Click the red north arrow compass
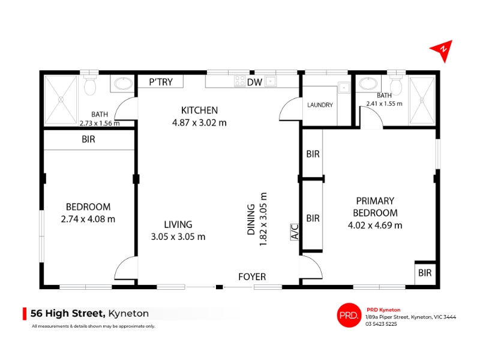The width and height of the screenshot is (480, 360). [x=442, y=50]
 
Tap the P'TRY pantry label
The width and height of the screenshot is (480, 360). [x=161, y=82]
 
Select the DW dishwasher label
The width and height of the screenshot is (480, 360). [x=254, y=82]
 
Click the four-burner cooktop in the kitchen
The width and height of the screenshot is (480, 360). [x=239, y=81]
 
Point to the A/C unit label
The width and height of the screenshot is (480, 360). [x=295, y=232]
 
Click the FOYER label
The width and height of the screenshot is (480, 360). [x=252, y=277]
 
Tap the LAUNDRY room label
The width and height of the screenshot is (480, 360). [x=320, y=105]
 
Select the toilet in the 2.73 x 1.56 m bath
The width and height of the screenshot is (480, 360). [x=90, y=85]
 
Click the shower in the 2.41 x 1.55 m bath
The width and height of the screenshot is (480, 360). [x=422, y=100]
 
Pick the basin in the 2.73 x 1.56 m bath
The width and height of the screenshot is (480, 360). [x=124, y=83]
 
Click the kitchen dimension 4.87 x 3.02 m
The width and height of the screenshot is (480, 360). [x=199, y=123]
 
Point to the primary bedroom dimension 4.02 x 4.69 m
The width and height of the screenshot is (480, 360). [x=375, y=226]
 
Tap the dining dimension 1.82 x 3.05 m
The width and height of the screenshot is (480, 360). [x=263, y=219]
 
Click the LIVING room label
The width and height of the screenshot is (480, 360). [x=178, y=224]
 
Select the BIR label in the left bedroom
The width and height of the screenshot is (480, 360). [x=88, y=140]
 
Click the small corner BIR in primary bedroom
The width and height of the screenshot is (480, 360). [x=425, y=273]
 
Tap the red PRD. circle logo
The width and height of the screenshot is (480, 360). [x=349, y=315]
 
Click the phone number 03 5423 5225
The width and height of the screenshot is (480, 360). [x=381, y=324]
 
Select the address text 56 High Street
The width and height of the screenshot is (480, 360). [x=68, y=313]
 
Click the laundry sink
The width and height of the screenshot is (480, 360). [x=344, y=88]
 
